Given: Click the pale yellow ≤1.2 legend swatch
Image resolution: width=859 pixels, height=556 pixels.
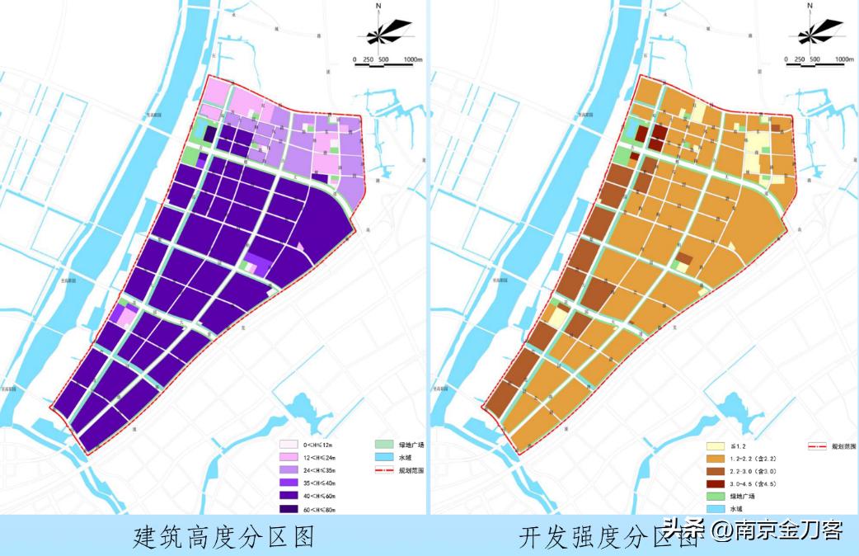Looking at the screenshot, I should point(714,445).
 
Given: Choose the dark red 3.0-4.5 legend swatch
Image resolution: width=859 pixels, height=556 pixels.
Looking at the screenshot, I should point(714,484).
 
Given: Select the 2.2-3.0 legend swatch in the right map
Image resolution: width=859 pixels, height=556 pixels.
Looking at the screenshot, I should point(714,471).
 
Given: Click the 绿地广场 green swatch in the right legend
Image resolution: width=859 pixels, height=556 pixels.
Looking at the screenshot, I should point(714,497).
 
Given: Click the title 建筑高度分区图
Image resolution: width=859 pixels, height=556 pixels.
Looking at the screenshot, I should point(224,537).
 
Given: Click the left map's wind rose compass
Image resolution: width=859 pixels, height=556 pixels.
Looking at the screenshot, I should point(383,34).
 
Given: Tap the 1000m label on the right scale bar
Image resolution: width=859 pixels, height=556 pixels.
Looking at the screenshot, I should point(843,59).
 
